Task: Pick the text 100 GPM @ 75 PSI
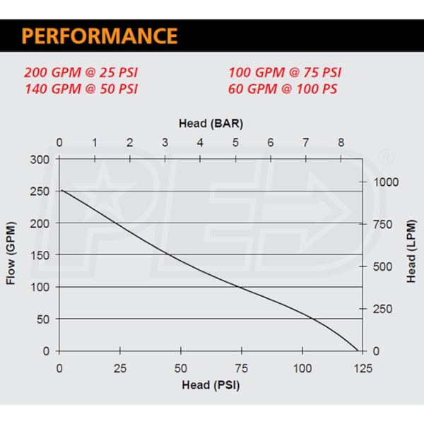(x=285, y=73)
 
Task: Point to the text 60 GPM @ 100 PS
(x=283, y=89)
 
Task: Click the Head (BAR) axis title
(x=211, y=123)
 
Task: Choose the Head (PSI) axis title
(x=205, y=385)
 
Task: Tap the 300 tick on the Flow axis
(x=40, y=159)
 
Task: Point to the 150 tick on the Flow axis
(x=40, y=255)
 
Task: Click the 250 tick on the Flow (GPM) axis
(x=40, y=192)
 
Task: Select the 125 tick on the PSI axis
(x=363, y=368)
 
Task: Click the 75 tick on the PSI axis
(x=242, y=368)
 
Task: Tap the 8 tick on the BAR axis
(x=341, y=143)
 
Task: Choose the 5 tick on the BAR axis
(x=235, y=143)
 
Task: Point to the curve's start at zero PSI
(x=60, y=189)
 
